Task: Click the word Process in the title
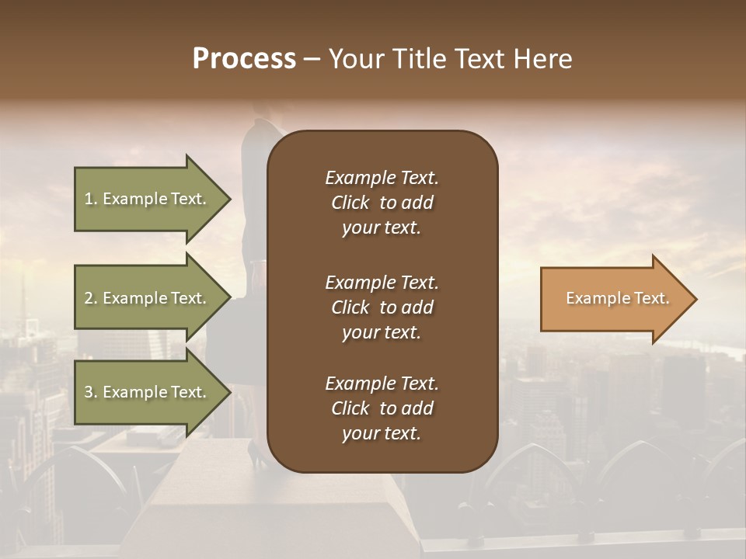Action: pos(244,59)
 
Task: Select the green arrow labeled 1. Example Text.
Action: pos(146,199)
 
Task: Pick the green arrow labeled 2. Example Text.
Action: pos(146,298)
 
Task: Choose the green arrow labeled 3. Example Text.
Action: pos(146,392)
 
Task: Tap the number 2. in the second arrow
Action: pos(91,298)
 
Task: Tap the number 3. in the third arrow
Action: pos(91,392)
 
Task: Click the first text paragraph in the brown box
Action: pos(382,203)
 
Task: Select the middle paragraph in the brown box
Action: pos(382,307)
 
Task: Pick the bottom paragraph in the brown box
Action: pos(382,408)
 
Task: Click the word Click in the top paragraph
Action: pos(350,203)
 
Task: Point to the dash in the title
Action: pos(312,60)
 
